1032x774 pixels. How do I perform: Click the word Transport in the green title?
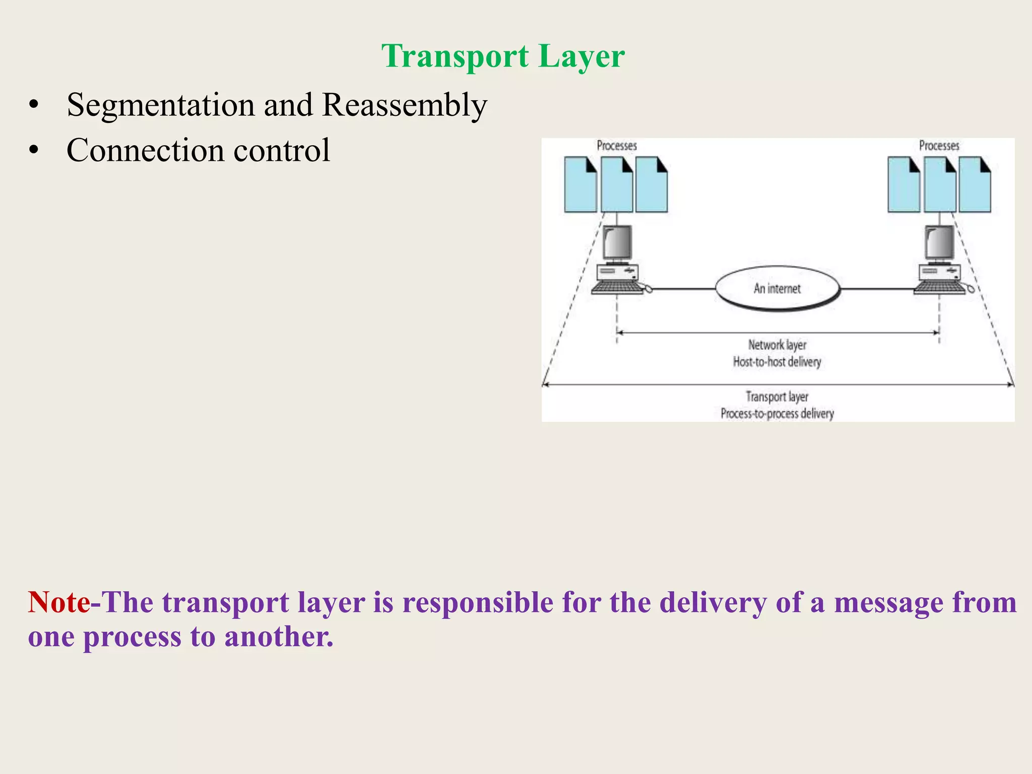(455, 56)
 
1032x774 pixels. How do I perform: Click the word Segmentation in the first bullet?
(161, 105)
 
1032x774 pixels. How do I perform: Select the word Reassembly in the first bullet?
(405, 105)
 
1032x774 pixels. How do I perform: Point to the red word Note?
(59, 602)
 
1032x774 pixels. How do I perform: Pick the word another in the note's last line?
(279, 636)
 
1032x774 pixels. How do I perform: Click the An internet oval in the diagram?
(778, 288)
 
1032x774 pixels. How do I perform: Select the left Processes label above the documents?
(617, 146)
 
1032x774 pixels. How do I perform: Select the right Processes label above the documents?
(939, 146)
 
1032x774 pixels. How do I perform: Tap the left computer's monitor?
(617, 243)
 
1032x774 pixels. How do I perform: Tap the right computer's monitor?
(939, 243)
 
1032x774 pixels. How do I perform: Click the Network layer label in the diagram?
(777, 345)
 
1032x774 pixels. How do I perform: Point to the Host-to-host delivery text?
(777, 362)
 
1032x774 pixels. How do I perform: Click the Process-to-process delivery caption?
(777, 414)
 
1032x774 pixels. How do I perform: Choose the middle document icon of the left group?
(617, 185)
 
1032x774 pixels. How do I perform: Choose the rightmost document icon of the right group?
(975, 185)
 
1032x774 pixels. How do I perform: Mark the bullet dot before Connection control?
(34, 150)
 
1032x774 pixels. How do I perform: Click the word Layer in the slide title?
(582, 56)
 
